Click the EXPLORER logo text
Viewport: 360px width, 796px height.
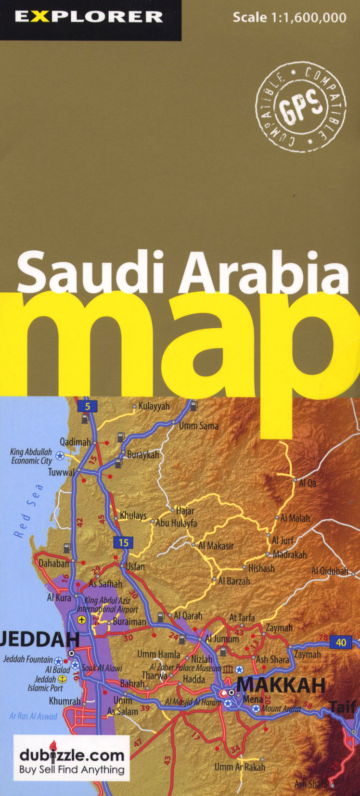(89, 17)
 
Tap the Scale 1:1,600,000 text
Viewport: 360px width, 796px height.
(289, 18)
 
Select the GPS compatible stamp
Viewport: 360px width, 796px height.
(301, 106)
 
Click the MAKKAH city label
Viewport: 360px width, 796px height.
(281, 684)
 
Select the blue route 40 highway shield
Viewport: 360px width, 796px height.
(341, 642)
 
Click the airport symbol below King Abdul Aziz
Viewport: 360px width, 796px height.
(82, 620)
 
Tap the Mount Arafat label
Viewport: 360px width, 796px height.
(281, 708)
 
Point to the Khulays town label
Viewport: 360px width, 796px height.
(133, 515)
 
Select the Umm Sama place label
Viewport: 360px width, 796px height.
(198, 426)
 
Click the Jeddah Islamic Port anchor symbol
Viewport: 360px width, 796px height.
(62, 680)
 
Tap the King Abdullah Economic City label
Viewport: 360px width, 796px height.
(31, 456)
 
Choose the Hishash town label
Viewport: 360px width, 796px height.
(261, 568)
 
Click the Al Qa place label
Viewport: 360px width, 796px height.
(308, 483)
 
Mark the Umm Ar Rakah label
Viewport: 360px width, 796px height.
(240, 767)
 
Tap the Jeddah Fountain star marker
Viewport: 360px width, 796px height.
(58, 661)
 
